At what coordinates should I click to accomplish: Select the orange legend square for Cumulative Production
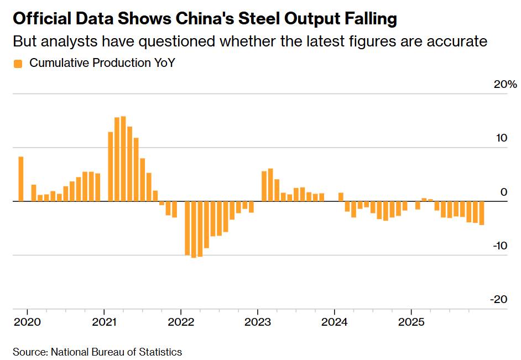18,64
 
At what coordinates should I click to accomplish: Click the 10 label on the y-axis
501,138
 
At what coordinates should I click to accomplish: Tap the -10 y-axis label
499,246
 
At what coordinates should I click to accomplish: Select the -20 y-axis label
498,299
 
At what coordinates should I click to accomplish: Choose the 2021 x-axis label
104,322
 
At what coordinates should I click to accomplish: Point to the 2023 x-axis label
257,322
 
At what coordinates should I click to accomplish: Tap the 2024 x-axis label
334,322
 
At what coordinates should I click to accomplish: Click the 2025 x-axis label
410,322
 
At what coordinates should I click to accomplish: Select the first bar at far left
21,179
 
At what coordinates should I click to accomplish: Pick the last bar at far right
482,213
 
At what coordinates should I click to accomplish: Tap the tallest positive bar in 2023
270,185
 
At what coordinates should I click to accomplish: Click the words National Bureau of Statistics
116,352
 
